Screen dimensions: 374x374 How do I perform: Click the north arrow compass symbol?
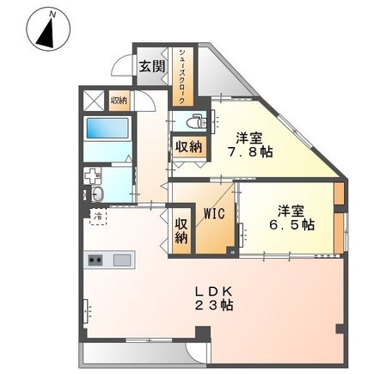coord(49,30)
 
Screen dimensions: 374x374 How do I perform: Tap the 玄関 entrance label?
coord(152,66)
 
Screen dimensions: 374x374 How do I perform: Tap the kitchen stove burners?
coord(94,259)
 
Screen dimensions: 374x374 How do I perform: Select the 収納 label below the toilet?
coord(187,147)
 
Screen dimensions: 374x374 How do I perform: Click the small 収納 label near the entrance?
coord(120,101)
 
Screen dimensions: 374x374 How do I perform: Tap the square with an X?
coord(93,101)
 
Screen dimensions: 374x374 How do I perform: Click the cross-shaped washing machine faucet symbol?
coord(92,175)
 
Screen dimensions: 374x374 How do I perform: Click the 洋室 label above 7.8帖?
coord(249,137)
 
